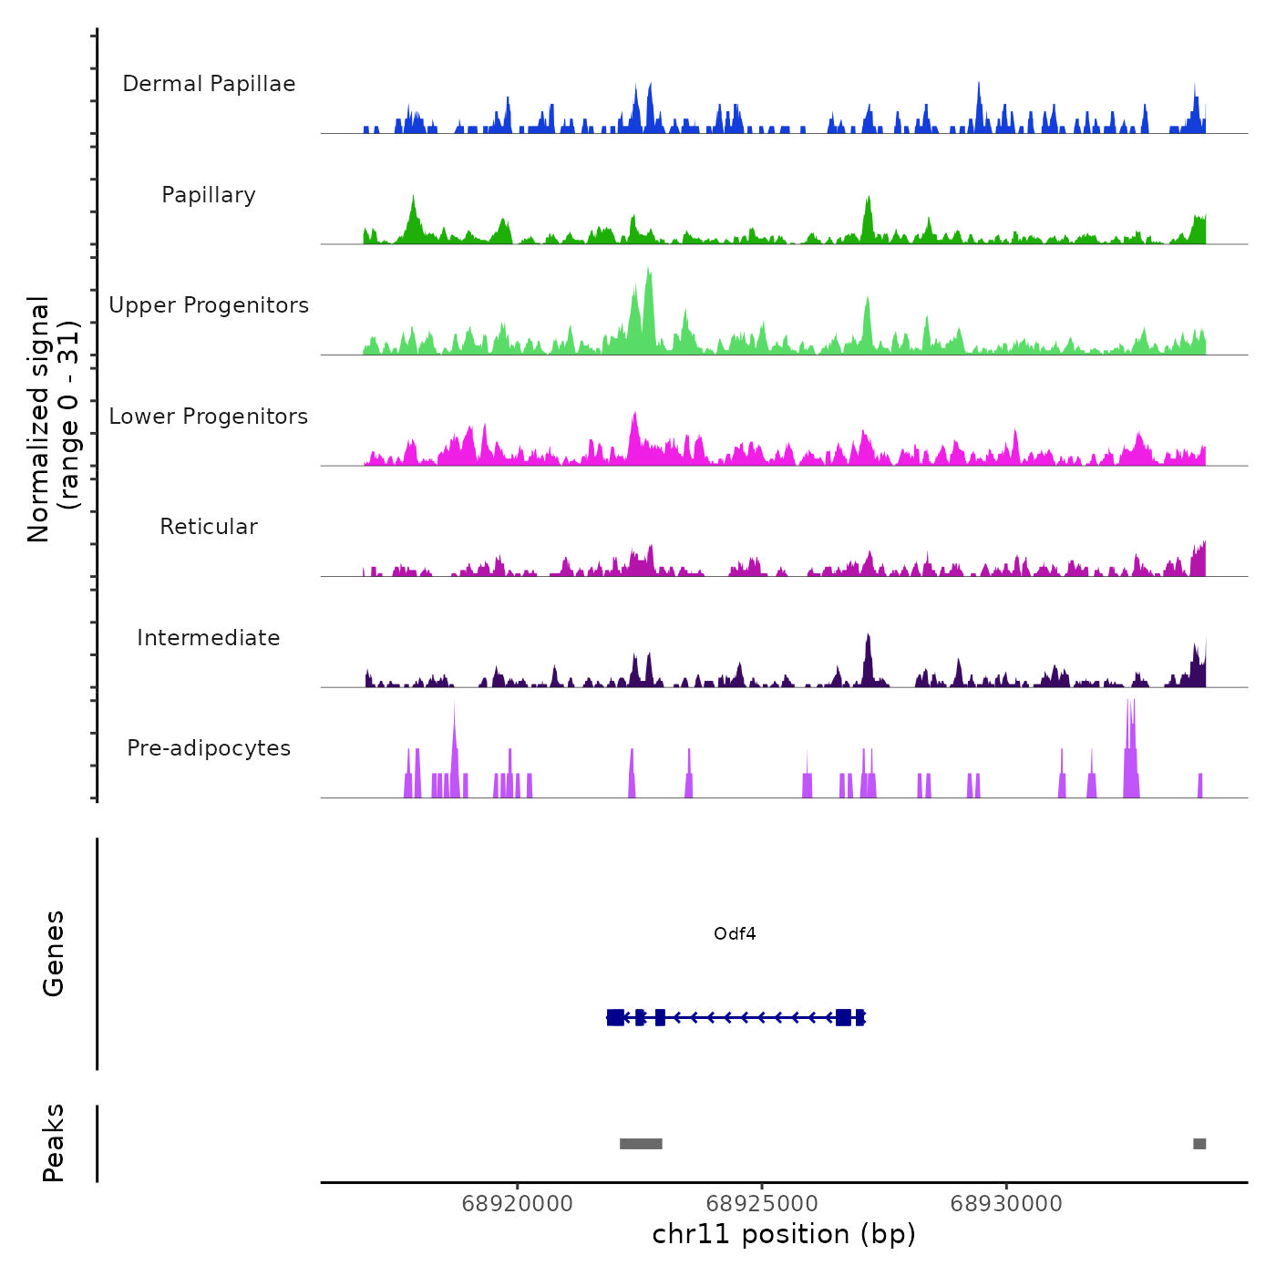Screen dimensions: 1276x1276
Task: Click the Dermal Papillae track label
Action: click(209, 84)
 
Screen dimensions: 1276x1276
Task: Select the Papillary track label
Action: click(209, 195)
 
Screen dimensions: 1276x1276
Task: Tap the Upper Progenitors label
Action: click(209, 305)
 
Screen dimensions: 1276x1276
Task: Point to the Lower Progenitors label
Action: click(209, 417)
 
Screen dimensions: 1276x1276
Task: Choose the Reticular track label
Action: click(209, 527)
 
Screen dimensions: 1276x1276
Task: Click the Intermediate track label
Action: click(209, 638)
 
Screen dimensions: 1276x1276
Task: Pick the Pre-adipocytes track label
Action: click(209, 748)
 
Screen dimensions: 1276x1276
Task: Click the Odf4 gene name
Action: click(735, 934)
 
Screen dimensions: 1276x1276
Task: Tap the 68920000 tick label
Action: click(518, 1204)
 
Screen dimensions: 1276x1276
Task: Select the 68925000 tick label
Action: click(762, 1204)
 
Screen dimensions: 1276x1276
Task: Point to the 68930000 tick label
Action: click(1006, 1204)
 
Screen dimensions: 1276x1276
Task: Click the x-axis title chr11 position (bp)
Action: click(784, 1235)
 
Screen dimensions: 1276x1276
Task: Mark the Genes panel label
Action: click(54, 953)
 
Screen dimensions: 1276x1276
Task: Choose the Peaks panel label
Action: click(54, 1143)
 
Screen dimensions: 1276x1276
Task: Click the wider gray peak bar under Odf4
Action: click(641, 1144)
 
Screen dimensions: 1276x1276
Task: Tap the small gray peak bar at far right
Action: click(1199, 1144)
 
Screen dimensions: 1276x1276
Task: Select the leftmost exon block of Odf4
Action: click(615, 1017)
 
